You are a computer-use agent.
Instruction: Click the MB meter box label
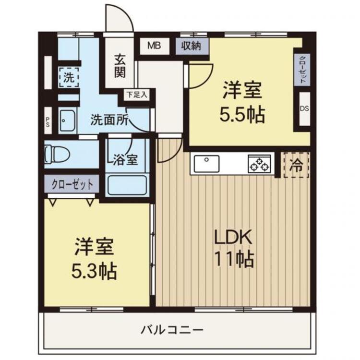(x=154, y=46)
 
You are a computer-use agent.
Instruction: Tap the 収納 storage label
(x=192, y=46)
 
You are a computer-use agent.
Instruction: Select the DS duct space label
(x=304, y=108)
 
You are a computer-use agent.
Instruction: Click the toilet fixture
(x=57, y=155)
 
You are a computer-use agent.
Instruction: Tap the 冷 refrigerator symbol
(x=296, y=166)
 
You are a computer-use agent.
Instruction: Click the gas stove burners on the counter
(x=259, y=164)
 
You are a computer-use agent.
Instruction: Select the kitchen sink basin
(x=206, y=164)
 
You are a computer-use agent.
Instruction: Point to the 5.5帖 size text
(x=242, y=114)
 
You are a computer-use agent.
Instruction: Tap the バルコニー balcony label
(x=172, y=330)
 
